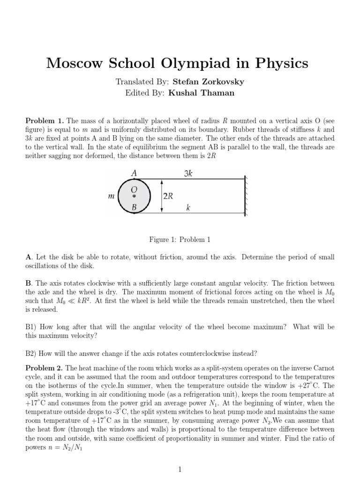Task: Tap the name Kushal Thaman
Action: pyautogui.click(x=205, y=93)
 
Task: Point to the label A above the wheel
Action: pyautogui.click(x=134, y=173)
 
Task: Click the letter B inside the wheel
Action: pyautogui.click(x=134, y=207)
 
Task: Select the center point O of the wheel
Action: pyautogui.click(x=134, y=196)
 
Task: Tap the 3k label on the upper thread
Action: pyautogui.click(x=188, y=173)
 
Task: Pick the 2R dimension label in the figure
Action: pyautogui.click(x=168, y=196)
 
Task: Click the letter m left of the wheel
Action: pyautogui.click(x=111, y=196)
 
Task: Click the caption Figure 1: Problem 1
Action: pyautogui.click(x=180, y=240)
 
